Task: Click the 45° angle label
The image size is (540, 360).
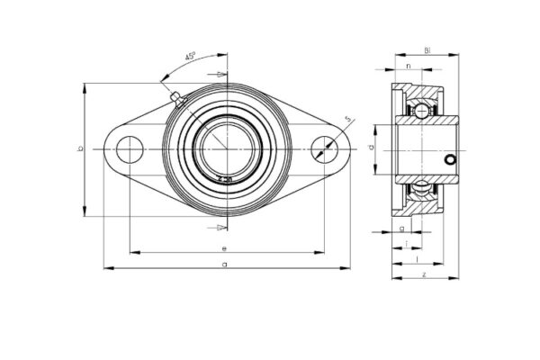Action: (190, 57)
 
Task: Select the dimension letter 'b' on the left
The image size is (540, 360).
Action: (80, 149)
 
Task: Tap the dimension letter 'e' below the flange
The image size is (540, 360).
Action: (223, 247)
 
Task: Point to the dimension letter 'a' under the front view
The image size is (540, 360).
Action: (223, 263)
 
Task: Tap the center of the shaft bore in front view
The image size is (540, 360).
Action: (226, 149)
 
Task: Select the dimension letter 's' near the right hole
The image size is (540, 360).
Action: (347, 120)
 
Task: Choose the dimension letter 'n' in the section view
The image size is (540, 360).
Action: (409, 67)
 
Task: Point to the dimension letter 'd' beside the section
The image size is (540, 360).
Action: (371, 148)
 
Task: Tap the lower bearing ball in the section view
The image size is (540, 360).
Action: (420, 188)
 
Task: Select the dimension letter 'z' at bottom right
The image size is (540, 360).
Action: (423, 273)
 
